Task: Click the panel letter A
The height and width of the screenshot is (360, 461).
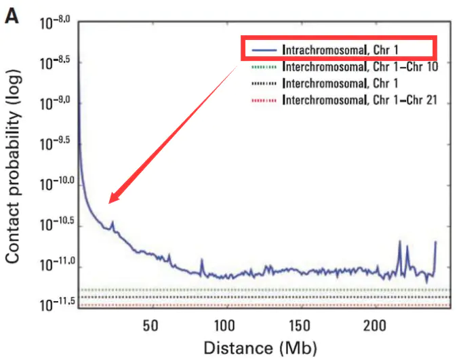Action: point(12,15)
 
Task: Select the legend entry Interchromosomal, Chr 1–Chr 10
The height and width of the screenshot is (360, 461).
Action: point(360,67)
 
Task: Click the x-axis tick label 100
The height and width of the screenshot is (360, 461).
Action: point(225,324)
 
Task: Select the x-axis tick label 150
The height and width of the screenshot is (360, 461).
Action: point(300,324)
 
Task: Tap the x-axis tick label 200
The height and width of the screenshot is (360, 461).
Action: point(375,324)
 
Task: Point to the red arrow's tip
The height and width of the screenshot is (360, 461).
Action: point(110,201)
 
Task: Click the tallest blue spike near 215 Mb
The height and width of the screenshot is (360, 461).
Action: point(399,241)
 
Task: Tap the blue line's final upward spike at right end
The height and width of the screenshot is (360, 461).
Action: point(435,242)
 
